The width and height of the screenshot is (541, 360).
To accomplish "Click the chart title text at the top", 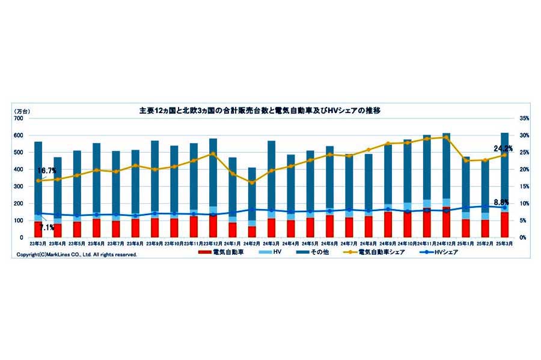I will tap(260, 111).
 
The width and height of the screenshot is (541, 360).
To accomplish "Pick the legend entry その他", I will tap(313, 252).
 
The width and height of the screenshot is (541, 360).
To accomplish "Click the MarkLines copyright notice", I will tap(76, 255).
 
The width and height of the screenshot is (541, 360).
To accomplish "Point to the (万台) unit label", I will tap(23, 111).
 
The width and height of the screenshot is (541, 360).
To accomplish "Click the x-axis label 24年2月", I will tap(252, 244).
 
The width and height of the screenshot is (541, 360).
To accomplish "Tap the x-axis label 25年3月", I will tap(504, 244).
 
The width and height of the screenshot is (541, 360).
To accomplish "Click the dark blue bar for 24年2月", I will tap(252, 192).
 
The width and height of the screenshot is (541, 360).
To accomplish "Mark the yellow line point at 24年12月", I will tap(446, 137).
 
